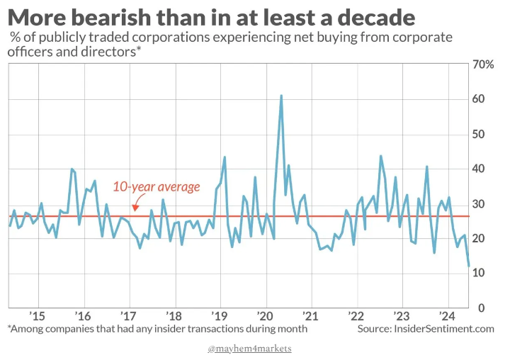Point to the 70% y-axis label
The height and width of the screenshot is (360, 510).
(483, 64)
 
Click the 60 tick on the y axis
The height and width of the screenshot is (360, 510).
(479, 99)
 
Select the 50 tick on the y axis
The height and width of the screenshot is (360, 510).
(479, 134)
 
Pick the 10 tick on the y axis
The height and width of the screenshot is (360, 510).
(479, 273)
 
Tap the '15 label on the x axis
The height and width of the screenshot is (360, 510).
(38, 316)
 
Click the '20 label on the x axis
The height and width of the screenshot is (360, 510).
(265, 316)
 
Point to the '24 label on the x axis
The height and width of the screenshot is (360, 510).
(447, 316)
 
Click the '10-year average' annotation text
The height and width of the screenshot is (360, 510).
(157, 188)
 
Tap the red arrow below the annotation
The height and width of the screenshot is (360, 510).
(134, 207)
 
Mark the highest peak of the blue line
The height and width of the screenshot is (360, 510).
(281, 95)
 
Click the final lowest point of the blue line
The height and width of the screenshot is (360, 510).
(469, 266)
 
